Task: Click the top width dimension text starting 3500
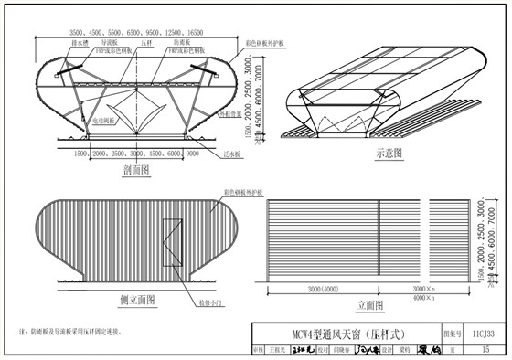[x=130, y=32]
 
